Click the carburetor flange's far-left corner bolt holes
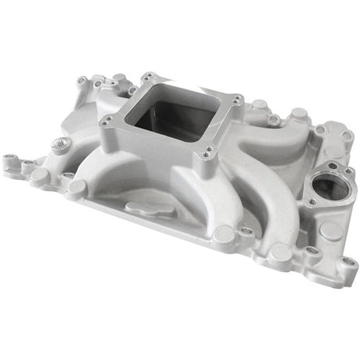[x=106, y=121]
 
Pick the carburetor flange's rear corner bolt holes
[x=147, y=77]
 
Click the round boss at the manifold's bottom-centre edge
[x=225, y=232]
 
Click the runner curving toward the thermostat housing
[x=270, y=157]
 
